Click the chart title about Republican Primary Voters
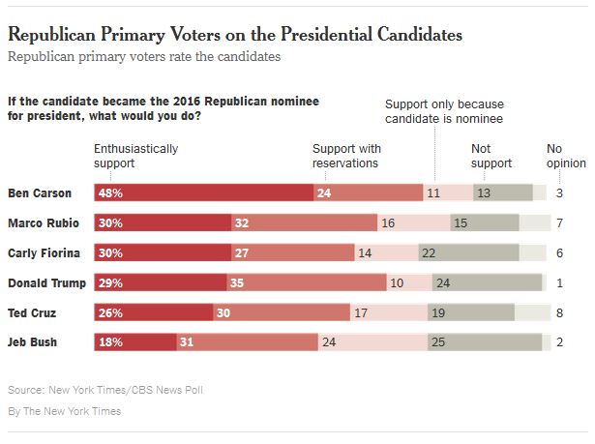coord(235,35)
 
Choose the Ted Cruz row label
coord(30,312)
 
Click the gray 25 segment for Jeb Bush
coord(437,342)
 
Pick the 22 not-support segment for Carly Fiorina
coord(427,253)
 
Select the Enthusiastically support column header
coord(135,156)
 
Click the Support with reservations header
coord(345,156)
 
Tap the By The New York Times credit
coord(64,411)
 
